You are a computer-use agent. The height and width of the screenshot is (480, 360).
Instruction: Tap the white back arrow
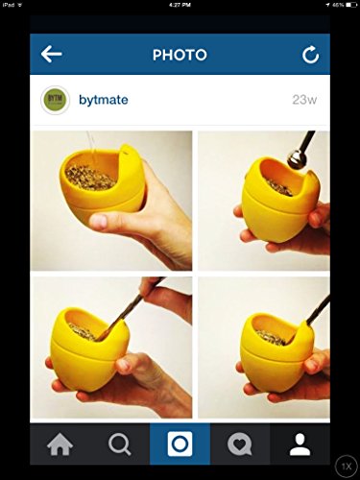51,54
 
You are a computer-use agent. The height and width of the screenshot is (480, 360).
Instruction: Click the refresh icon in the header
311,55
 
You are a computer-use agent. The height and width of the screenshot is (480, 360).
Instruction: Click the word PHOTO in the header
180,55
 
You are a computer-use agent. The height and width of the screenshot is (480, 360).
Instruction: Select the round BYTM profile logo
55,100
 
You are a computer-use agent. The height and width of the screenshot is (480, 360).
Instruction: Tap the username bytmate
104,100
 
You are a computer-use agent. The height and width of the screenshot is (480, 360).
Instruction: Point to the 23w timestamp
304,100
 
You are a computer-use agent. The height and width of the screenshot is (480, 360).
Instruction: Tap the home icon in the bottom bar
60,444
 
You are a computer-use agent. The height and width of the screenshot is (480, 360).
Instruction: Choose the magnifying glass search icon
120,444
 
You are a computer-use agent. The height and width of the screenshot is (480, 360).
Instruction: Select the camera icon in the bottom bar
180,444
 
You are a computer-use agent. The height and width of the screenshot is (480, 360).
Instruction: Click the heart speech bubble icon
240,444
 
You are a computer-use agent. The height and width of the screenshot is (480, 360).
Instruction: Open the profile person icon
300,444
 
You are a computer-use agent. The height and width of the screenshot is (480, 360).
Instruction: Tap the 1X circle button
347,467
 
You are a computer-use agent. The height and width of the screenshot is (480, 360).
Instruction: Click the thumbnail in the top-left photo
99,221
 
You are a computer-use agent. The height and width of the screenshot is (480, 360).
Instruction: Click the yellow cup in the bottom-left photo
90,348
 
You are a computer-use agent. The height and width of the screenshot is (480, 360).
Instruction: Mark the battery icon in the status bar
351,5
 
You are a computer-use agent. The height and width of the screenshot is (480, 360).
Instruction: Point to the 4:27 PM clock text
180,5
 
